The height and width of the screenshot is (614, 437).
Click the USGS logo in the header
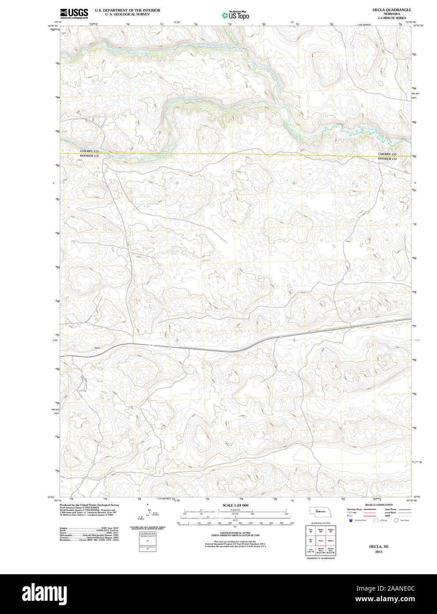74,13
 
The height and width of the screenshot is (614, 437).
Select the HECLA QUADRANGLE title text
391,10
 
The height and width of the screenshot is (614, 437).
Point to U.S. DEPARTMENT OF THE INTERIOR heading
127,10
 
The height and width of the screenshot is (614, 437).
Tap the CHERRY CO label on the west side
89,152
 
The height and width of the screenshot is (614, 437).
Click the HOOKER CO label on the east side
387,159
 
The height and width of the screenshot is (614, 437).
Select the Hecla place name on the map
97,349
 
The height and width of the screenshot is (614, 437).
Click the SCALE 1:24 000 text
235,505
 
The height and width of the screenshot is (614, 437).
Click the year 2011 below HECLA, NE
379,552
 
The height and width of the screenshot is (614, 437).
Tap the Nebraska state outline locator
319,512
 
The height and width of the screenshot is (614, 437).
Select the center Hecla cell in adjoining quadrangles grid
321,540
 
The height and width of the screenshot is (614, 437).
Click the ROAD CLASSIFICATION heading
379,505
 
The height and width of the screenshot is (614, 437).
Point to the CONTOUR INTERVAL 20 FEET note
235,533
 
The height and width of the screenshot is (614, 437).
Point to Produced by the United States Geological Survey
89,505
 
